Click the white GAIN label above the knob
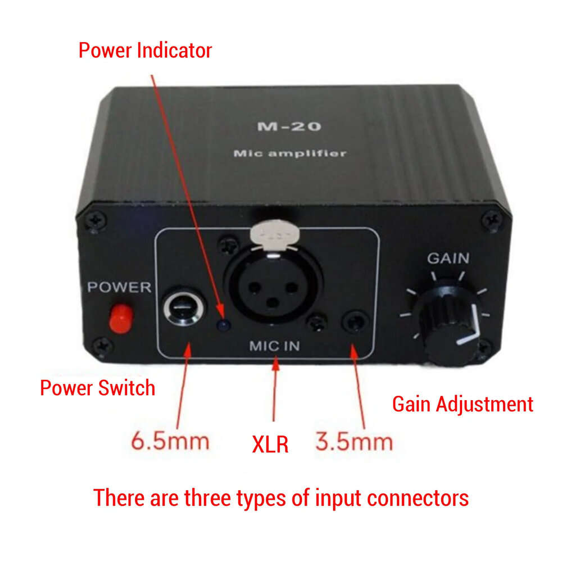[x=448, y=259]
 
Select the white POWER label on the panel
[x=119, y=288]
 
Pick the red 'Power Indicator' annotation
[x=145, y=50]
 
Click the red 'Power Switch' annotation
[x=97, y=387]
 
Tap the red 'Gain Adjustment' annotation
[x=462, y=404]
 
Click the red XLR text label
[x=270, y=444]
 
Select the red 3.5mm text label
[x=353, y=441]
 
